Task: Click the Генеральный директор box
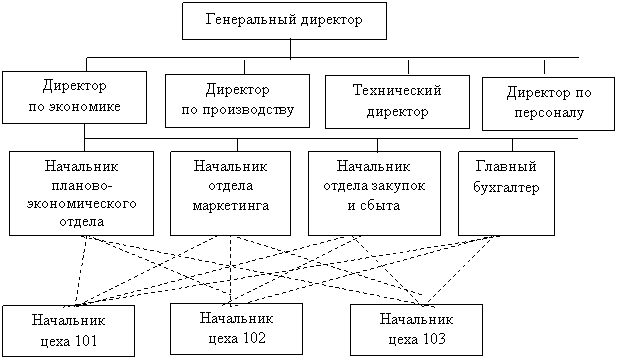[x=284, y=21]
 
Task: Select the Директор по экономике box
[x=74, y=97]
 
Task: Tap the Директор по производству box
[x=237, y=101]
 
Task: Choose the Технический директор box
[x=397, y=102]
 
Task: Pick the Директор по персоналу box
[x=548, y=104]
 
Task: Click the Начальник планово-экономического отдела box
[x=82, y=194]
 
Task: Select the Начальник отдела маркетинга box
[x=231, y=194]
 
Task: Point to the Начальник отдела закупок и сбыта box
[x=374, y=194]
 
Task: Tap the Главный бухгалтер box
[x=506, y=194]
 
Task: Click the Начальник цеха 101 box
[x=69, y=331]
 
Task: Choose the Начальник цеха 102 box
[x=236, y=329]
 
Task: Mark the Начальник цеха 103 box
[x=416, y=330]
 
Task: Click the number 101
[x=84, y=340]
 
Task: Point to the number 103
[x=432, y=339]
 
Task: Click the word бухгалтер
[x=506, y=187]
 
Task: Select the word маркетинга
[x=231, y=205]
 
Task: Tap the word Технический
[x=397, y=90]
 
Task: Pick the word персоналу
[x=549, y=113]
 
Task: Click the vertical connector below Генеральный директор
[x=290, y=49]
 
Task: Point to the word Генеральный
[x=250, y=19]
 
